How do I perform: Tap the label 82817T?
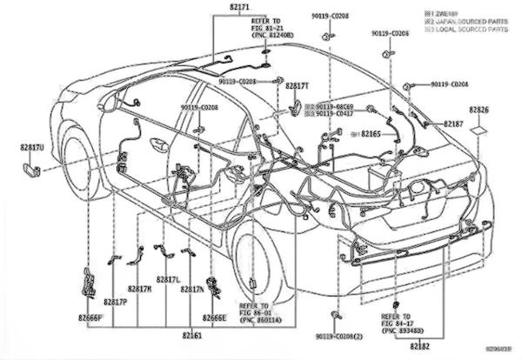pos(297,86)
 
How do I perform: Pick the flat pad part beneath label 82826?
pos(479,131)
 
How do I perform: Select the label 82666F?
pos(89,317)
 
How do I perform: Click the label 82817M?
pos(140,289)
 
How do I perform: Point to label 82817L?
pos(167,280)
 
